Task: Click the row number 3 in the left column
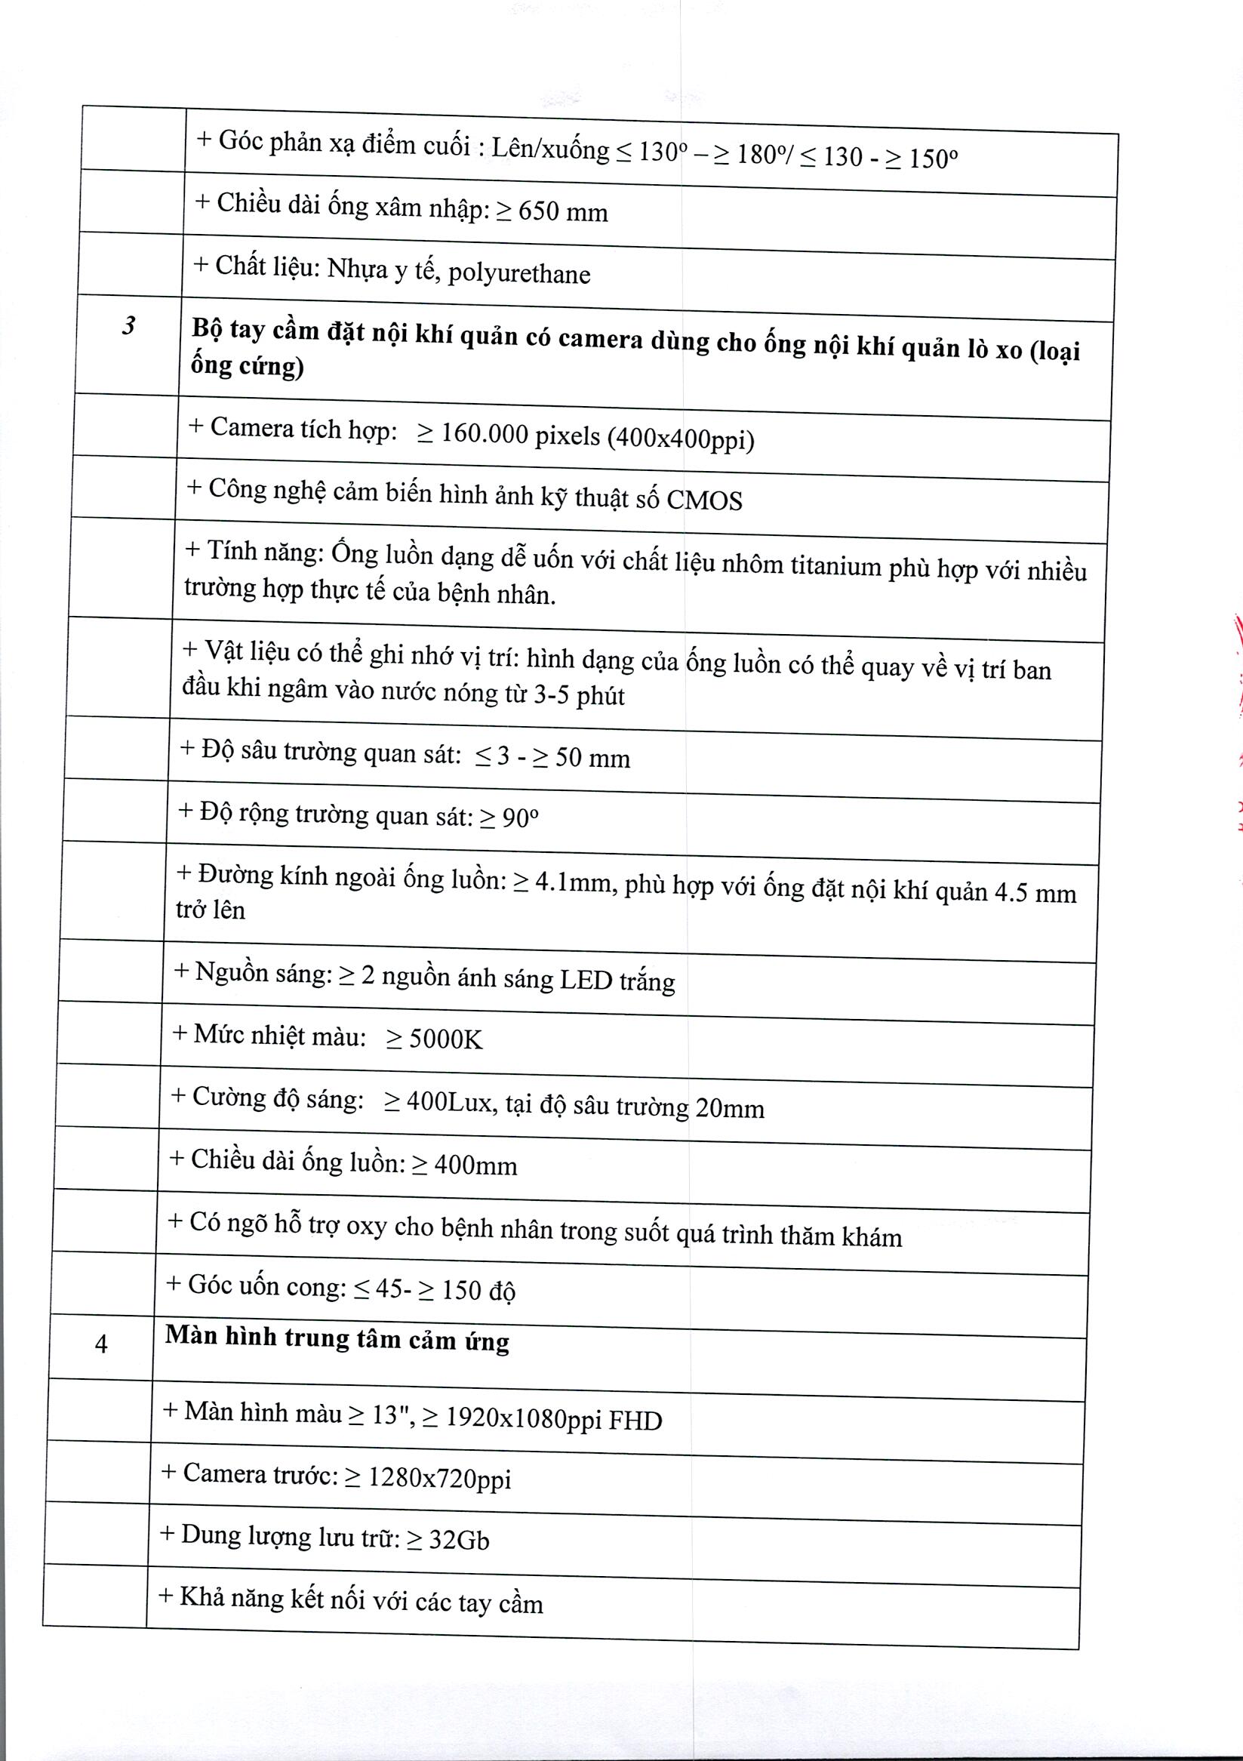point(129,326)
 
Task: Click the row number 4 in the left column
point(101,1343)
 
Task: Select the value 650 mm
point(563,211)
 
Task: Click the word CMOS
point(704,500)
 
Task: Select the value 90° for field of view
point(521,818)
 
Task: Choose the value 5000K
point(445,1039)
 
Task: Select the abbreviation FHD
point(635,1421)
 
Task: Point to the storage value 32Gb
point(459,1540)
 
